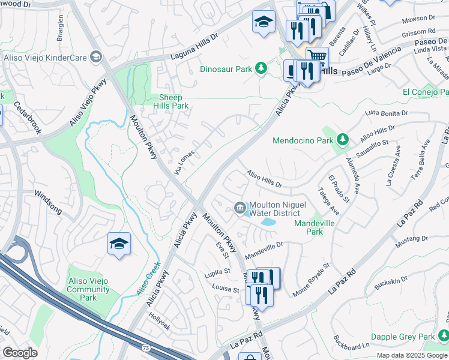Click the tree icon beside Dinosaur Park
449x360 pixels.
pos(261,68)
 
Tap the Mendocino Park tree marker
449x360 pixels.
pos(342,140)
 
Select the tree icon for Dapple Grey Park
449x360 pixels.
pos(444,335)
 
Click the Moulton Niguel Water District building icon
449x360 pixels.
pos(240,208)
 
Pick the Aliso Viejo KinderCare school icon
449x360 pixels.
pos(95,57)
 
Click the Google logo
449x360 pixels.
pos(20,353)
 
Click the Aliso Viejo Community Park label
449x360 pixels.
pos(88,293)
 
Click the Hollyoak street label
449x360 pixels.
pos(160,317)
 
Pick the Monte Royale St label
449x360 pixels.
pos(311,280)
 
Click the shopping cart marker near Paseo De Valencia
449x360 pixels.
pos(317,58)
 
